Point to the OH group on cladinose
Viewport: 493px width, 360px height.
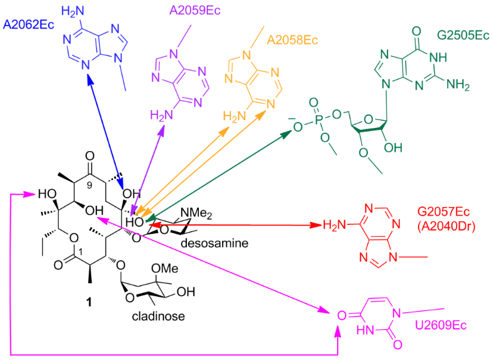tap(186, 292)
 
